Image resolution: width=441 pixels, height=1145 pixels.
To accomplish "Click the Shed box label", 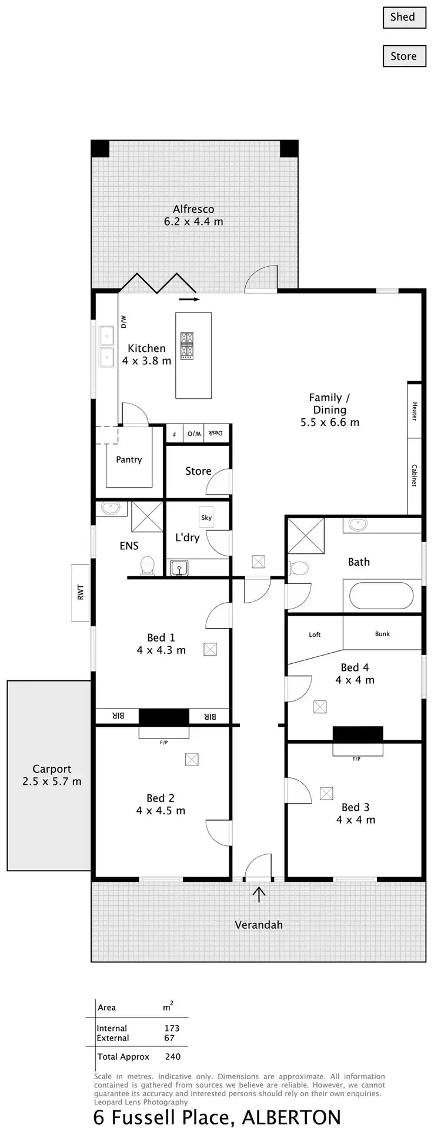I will (403, 17).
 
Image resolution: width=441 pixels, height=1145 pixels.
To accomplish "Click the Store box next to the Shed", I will (403, 56).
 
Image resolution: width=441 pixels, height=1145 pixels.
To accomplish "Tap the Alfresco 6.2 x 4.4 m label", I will (193, 215).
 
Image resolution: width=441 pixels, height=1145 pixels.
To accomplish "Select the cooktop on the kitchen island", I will (188, 345).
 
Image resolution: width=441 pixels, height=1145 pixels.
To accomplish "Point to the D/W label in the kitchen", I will (123, 321).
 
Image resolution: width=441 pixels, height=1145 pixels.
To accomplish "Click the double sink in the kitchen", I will (106, 347).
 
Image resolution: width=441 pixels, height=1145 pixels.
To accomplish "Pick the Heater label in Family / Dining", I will (414, 411).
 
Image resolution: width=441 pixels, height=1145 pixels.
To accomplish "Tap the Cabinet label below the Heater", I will (414, 475).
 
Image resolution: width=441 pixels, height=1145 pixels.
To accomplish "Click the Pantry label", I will (129, 460).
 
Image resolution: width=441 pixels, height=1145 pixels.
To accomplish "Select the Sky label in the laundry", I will (206, 518).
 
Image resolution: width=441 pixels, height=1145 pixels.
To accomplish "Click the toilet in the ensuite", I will (147, 566).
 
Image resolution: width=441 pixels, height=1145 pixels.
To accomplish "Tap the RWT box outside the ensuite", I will (81, 592).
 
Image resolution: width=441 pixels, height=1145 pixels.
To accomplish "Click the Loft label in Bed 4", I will (315, 634).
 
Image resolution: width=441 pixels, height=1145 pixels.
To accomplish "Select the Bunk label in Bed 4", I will (382, 634).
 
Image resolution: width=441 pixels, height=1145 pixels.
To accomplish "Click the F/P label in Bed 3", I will (356, 759).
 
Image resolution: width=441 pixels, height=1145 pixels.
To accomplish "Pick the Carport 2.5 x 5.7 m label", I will (52, 775).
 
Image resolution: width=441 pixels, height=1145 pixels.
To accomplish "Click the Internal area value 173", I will (172, 1028).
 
